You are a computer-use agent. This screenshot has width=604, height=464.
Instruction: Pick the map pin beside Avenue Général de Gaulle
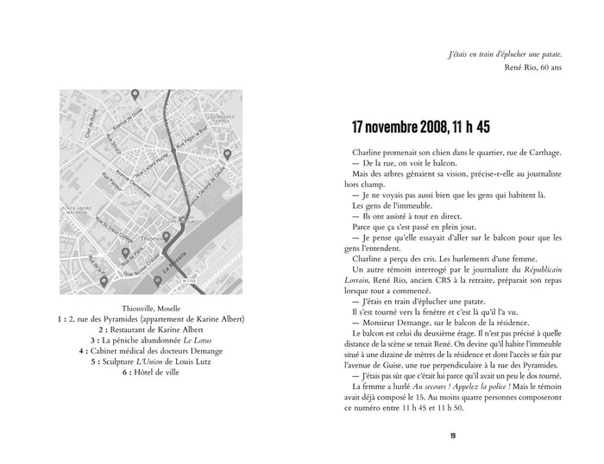227,154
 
